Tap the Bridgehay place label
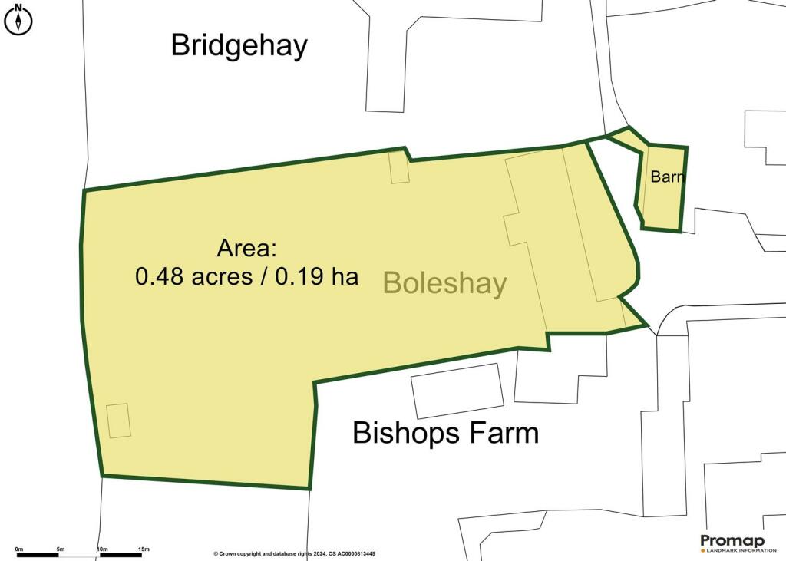point(239,45)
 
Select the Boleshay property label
point(444,283)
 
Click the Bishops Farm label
point(445,433)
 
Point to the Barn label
point(666,177)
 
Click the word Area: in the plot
point(246,249)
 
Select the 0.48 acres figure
point(193,276)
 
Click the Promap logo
point(732,541)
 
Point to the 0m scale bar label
point(19,549)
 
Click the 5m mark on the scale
point(61,549)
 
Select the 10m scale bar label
point(101,549)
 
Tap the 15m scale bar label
point(144,549)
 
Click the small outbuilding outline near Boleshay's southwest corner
point(118,421)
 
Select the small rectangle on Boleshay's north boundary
point(399,167)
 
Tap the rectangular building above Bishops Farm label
point(457,390)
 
